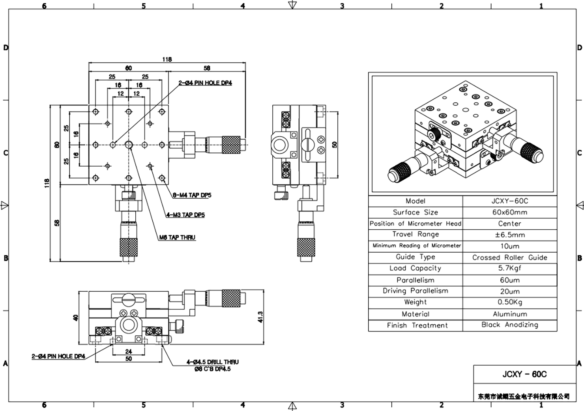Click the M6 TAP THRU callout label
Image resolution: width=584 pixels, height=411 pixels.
click(177, 237)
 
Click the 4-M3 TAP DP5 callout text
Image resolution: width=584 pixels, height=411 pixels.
click(185, 215)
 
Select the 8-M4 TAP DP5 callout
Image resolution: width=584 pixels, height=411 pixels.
click(192, 195)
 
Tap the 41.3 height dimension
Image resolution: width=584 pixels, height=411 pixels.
click(260, 317)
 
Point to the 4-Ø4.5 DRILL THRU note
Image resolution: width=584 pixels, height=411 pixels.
click(212, 362)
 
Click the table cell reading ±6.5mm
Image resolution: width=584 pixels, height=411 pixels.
click(510, 235)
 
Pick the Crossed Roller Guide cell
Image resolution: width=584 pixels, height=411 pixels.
click(510, 257)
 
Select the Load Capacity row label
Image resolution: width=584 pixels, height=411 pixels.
click(416, 268)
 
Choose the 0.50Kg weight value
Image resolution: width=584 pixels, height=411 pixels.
click(510, 302)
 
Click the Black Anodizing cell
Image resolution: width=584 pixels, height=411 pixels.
click(510, 325)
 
